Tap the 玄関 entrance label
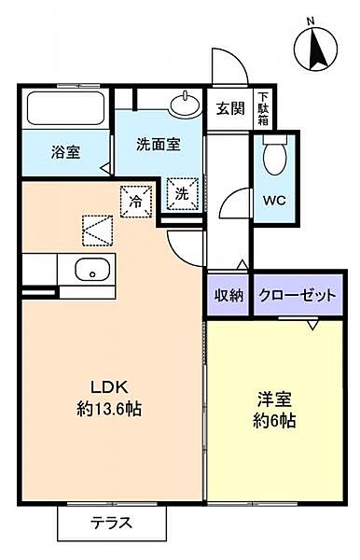230,108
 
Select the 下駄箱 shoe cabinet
263,108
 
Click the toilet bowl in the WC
274,155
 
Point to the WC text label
274,201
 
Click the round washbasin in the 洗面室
185,104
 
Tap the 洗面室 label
159,145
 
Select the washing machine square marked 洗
183,194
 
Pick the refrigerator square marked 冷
135,202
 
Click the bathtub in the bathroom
65,108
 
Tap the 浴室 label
65,152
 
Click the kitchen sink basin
92,271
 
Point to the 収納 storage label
228,295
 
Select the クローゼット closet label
298,295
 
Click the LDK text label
109,386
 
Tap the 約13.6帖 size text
109,409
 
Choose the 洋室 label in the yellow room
274,399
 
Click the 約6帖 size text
274,421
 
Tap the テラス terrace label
111,524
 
